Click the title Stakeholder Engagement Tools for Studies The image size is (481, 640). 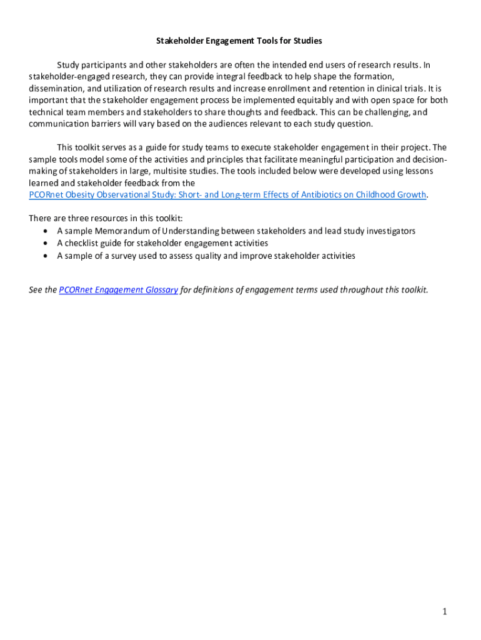point(239,41)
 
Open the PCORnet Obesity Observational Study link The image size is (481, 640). point(227,194)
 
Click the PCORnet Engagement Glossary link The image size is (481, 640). point(119,290)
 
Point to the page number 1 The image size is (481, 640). point(444,611)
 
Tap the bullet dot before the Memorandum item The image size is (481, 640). point(46,231)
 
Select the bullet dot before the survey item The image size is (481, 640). point(46,256)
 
